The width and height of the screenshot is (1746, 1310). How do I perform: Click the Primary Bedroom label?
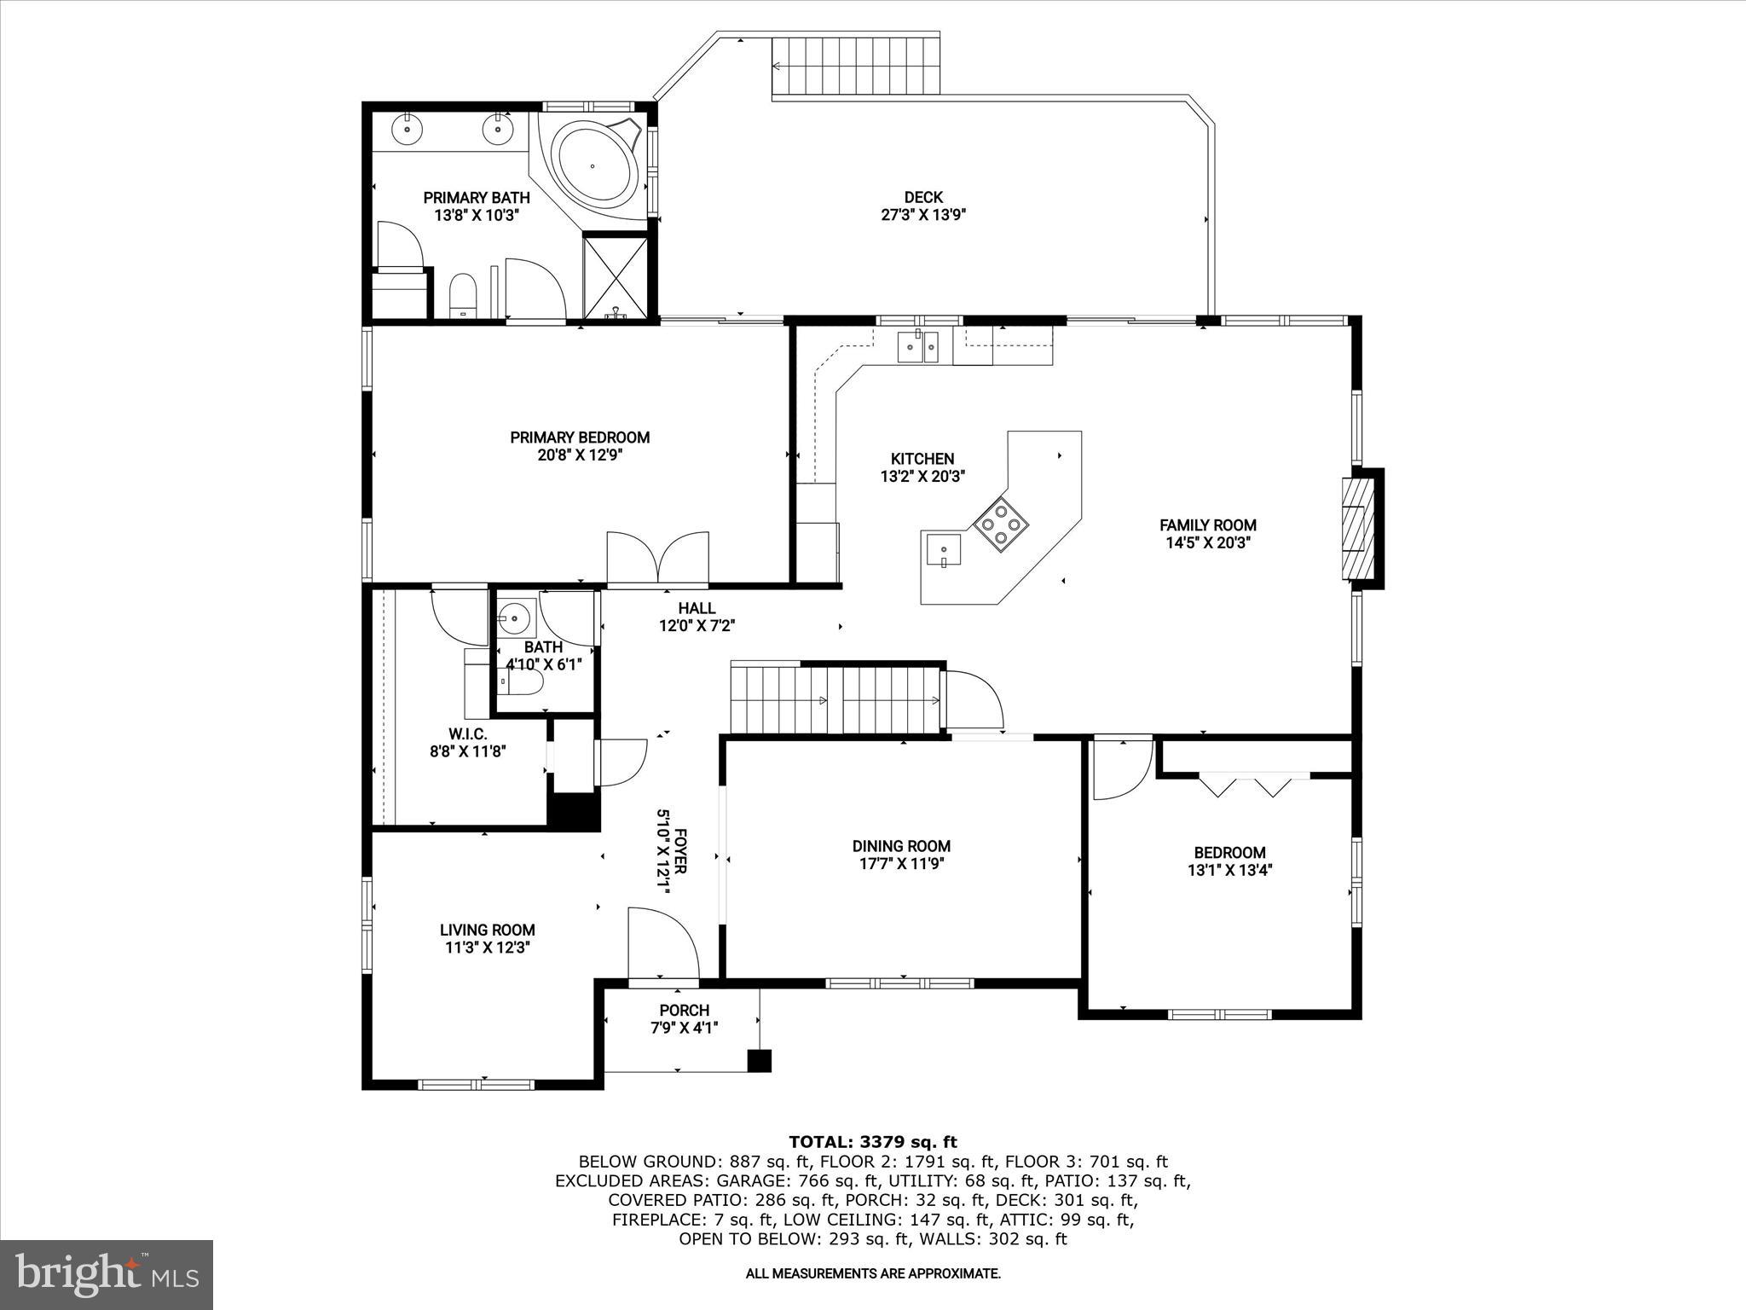coord(580,438)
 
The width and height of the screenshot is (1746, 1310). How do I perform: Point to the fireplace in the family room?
coord(1357,528)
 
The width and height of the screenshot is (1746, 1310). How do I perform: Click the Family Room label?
coord(1207,525)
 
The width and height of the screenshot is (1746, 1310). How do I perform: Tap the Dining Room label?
coord(901,846)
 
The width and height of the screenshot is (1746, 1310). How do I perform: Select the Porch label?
coord(684,1011)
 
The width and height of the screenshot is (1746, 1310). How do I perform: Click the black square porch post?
coord(759,1060)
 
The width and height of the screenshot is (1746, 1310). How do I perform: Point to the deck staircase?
coord(855,66)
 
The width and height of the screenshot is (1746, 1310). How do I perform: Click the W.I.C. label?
coord(468,734)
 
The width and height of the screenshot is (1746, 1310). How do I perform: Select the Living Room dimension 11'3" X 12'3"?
coord(488,948)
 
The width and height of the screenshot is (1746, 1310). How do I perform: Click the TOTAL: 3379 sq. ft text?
coord(872,1142)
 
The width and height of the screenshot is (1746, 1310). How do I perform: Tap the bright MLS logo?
coord(107,1275)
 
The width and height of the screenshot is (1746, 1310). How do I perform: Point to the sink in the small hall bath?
coord(515,616)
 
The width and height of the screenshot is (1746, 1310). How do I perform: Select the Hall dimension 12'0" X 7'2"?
coord(697,626)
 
